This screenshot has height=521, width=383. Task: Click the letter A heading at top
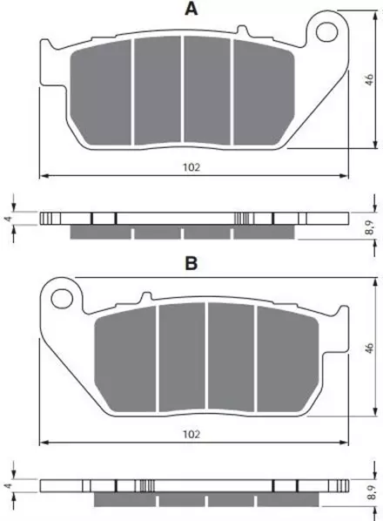(x=191, y=9)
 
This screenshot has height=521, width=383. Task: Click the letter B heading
(x=191, y=263)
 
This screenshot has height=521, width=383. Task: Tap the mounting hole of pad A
(x=327, y=32)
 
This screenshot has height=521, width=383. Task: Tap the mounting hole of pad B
(x=62, y=298)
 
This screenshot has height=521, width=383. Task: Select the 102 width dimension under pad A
(x=191, y=167)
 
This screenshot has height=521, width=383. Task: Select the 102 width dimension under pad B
(x=191, y=434)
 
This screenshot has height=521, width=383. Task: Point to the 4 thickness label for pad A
(x=9, y=219)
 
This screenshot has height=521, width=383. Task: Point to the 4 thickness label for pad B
(x=9, y=486)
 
